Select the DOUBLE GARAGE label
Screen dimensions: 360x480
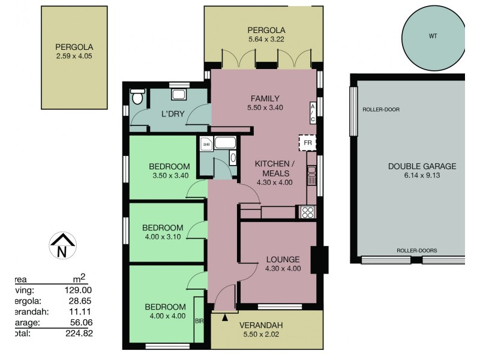point(422,167)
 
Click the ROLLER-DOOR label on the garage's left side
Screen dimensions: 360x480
point(381,110)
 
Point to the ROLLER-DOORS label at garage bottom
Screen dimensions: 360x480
point(416,250)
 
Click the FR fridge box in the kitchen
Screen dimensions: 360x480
point(307,143)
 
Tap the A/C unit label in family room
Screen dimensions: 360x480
point(313,112)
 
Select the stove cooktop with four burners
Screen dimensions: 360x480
point(307,212)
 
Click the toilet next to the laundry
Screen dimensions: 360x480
point(138,97)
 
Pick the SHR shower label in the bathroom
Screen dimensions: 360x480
point(206,144)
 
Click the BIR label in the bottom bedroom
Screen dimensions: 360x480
point(199,321)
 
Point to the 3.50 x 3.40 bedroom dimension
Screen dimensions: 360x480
point(169,176)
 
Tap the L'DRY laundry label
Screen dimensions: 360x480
point(172,113)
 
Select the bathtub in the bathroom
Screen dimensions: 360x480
point(226,143)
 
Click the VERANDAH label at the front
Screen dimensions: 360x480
point(266,326)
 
